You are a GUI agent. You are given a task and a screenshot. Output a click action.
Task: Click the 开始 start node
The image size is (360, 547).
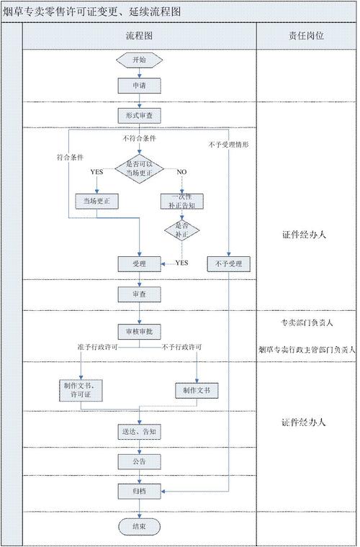click(140, 60)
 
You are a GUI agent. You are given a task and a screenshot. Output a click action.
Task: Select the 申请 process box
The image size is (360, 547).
click(140, 85)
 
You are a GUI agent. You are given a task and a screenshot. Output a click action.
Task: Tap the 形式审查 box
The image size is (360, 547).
click(140, 114)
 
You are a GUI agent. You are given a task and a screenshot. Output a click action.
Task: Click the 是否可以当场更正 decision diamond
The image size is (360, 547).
click(140, 168)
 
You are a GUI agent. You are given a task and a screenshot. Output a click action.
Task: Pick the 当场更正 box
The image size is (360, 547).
click(96, 200)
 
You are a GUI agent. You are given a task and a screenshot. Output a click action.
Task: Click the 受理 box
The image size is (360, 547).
click(140, 264)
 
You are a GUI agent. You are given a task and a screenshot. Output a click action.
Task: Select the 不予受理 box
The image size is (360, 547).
click(229, 264)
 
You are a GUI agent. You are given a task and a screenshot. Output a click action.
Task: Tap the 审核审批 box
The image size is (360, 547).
click(140, 332)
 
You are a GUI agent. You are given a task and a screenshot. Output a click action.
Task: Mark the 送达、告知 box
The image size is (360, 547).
click(140, 432)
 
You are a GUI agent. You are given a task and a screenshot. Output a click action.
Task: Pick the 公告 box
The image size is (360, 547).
click(140, 461)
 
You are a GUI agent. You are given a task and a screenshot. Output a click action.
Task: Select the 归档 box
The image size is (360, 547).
click(140, 491)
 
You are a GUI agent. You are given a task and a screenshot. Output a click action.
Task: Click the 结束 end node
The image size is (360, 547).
click(140, 527)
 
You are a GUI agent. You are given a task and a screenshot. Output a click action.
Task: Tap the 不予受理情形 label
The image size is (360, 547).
click(230, 145)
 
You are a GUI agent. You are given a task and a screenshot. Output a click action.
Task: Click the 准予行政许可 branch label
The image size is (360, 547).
click(97, 348)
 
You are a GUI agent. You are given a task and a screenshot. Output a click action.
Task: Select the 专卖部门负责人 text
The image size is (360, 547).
click(306, 322)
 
